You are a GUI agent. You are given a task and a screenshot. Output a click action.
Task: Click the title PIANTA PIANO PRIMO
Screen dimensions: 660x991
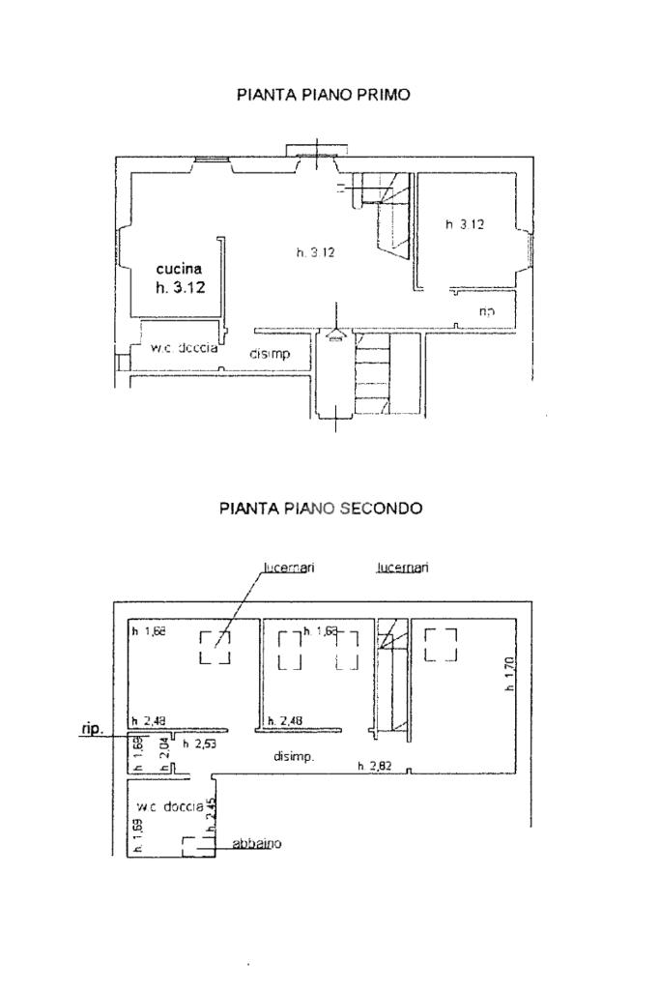point(323,95)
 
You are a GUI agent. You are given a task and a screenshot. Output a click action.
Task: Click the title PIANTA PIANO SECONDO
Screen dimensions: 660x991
point(321,508)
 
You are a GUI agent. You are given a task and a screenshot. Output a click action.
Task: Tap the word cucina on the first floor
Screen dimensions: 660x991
point(180,269)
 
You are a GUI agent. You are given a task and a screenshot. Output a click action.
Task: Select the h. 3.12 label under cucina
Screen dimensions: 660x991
point(180,287)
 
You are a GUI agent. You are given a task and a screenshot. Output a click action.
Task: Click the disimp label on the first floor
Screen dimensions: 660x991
point(270,354)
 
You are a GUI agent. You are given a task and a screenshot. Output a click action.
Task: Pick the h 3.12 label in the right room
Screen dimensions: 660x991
point(464,224)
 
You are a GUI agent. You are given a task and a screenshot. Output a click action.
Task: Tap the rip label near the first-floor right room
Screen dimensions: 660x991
point(487,310)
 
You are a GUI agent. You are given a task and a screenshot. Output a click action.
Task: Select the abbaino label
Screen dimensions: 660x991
point(256,844)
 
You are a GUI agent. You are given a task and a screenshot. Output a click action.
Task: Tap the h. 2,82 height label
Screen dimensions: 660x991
point(375,767)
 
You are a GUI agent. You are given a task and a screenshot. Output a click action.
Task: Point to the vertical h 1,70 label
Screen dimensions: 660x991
point(509,674)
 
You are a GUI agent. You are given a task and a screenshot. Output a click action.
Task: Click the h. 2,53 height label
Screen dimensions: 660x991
point(199,743)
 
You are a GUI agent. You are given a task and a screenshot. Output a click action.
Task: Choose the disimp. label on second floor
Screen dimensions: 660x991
point(293,757)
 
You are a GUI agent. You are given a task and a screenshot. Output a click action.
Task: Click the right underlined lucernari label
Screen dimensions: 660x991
point(403,568)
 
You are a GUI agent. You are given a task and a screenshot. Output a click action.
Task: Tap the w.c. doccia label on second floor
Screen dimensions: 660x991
point(170,805)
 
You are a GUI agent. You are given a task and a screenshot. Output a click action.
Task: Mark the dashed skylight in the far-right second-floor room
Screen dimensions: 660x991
point(441,644)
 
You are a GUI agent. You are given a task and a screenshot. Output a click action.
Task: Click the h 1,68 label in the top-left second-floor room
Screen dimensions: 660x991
point(149,631)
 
